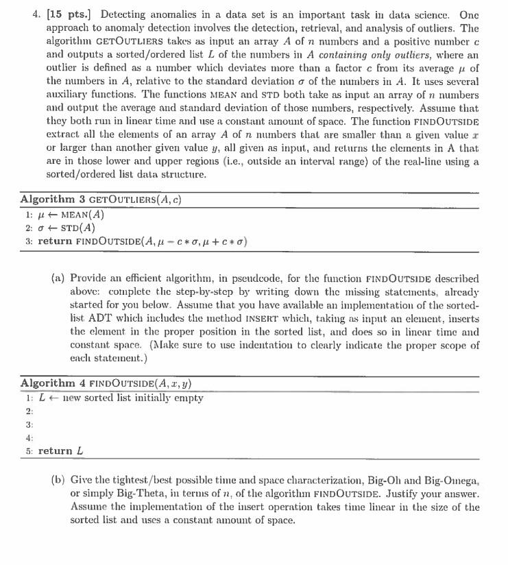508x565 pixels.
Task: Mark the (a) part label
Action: point(58,279)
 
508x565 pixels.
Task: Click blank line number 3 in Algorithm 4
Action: point(29,424)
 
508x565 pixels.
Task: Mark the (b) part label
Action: point(58,479)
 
